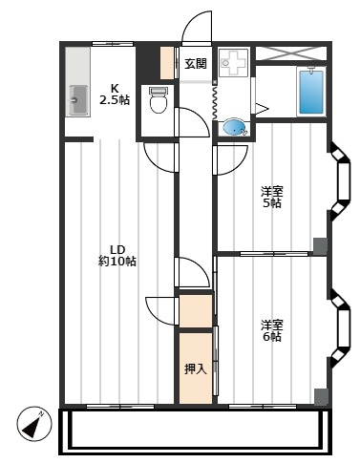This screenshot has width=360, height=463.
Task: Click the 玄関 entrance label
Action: [195, 64]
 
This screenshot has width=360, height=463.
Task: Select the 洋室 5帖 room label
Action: [272, 196]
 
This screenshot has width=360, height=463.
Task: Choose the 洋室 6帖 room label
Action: [272, 329]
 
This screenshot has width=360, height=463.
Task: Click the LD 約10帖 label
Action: [116, 254]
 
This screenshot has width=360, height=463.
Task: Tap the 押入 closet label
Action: [194, 368]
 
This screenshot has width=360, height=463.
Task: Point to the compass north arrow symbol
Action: [34, 423]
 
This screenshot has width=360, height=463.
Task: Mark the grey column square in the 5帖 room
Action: [320, 244]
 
